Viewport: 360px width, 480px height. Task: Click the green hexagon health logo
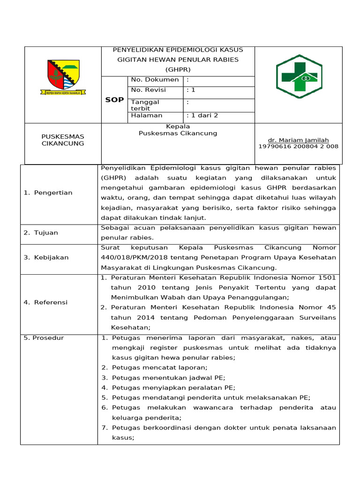click(x=299, y=76)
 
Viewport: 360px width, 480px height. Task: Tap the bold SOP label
click(x=114, y=100)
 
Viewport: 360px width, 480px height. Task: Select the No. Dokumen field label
click(x=155, y=80)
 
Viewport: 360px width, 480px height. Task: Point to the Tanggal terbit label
click(x=145, y=105)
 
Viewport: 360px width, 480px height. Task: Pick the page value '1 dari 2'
click(x=202, y=115)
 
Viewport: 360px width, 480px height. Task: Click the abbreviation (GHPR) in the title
click(x=178, y=69)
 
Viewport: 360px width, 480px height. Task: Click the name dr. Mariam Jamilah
click(x=298, y=140)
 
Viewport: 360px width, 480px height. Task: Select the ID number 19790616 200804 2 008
click(x=298, y=146)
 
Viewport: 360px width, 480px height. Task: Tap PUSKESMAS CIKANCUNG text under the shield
click(x=63, y=140)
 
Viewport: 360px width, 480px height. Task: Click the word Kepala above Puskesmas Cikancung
click(x=178, y=127)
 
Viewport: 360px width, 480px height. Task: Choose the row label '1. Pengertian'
click(x=48, y=193)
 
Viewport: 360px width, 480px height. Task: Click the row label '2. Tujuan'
click(x=41, y=232)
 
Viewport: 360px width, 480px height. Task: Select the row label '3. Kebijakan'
click(x=46, y=257)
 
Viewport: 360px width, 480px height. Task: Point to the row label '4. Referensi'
click(x=45, y=302)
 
